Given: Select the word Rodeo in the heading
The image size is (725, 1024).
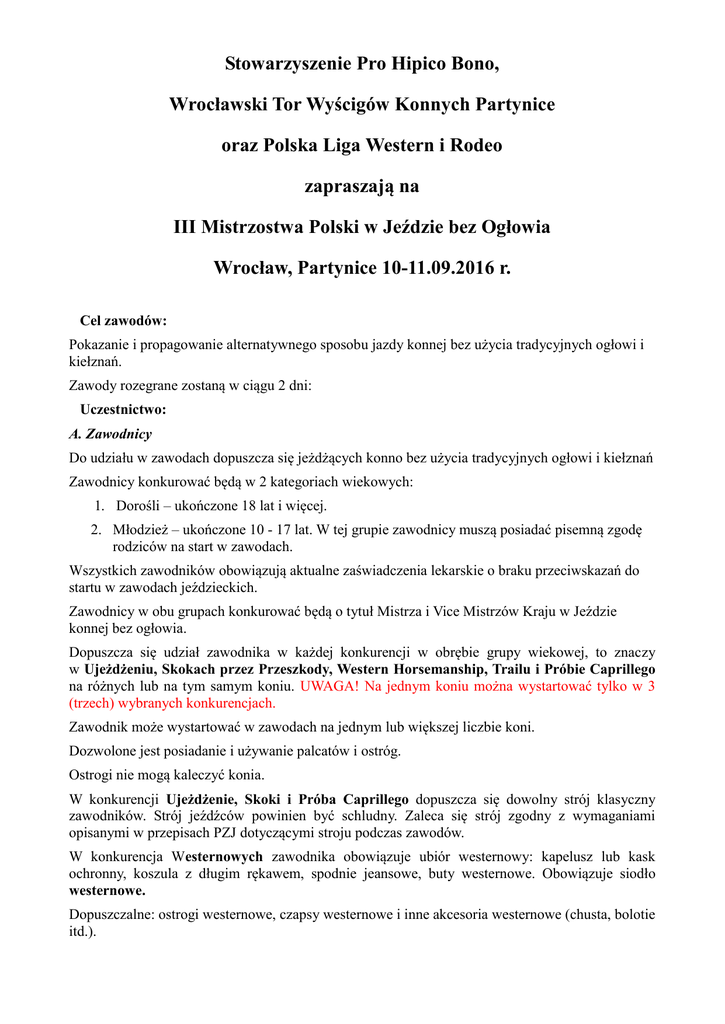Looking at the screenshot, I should pyautogui.click(x=478, y=146).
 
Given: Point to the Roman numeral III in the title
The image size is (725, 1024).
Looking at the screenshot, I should pyautogui.click(x=184, y=228).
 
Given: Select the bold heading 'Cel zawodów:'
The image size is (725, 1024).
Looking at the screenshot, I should pyautogui.click(x=123, y=321).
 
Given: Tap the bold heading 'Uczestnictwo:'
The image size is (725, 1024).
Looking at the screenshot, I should pyautogui.click(x=123, y=409).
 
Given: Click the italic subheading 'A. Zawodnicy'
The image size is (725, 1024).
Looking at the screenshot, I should pyautogui.click(x=110, y=434).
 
